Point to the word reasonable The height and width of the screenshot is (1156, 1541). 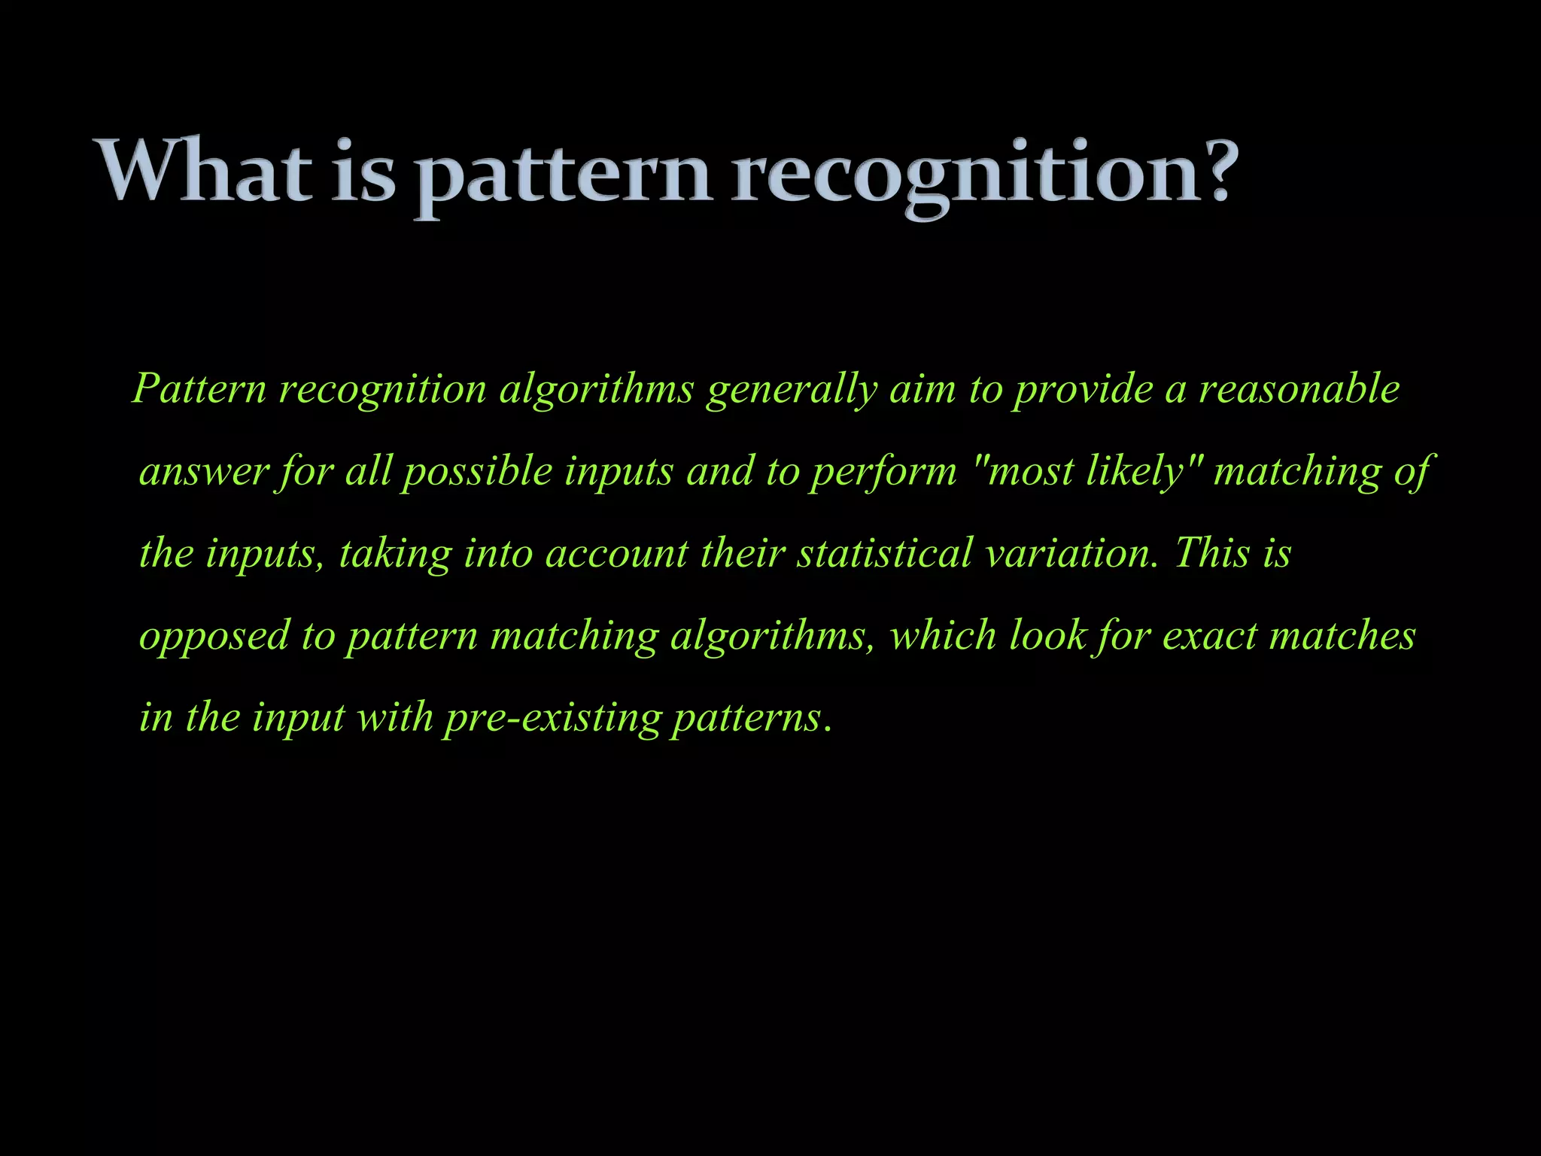click(x=1299, y=389)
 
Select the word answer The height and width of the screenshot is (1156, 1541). click(x=204, y=472)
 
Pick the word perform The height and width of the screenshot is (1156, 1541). click(x=883, y=473)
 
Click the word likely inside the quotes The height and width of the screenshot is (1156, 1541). click(x=1135, y=473)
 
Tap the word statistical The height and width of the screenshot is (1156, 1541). click(x=885, y=553)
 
